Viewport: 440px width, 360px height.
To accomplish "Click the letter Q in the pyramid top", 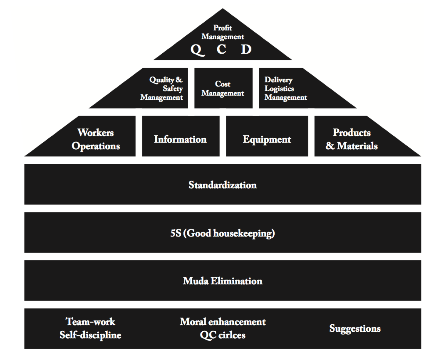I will coord(197,49).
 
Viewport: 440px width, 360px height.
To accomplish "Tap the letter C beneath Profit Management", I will coord(221,49).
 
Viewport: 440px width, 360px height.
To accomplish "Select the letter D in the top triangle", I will coord(246,49).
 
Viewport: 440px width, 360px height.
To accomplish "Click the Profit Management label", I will coord(222,32).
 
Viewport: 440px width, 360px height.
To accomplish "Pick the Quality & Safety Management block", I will coord(162,88).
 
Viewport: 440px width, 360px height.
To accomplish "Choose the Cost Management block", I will coord(223,88).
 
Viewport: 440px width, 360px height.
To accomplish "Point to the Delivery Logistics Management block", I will coord(285,88).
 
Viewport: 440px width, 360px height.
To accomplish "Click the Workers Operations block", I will coord(96,139).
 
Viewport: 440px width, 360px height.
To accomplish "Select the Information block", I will coord(180,139).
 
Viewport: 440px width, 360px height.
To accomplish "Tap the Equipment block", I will coord(267,139).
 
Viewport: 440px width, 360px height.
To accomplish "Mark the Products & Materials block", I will coord(352,139).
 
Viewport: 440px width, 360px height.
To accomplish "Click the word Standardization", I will coord(222,185).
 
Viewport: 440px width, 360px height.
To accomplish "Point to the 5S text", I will coord(176,233).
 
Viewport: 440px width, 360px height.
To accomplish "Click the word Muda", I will coord(196,281).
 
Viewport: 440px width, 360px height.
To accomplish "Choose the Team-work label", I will coord(90,322).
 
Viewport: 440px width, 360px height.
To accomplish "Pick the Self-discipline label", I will coord(90,335).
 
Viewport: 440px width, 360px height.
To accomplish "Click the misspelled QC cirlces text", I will coord(222,335).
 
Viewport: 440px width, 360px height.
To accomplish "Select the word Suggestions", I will coord(355,328).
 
